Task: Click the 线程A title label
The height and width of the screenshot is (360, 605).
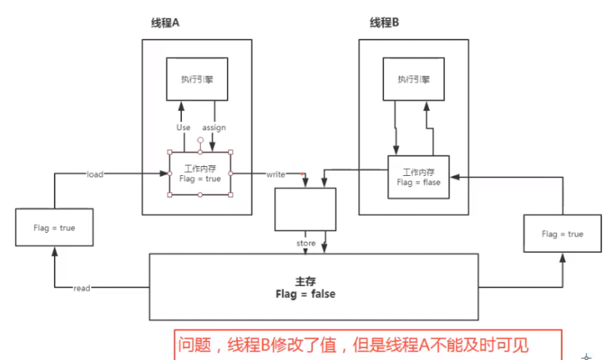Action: (x=165, y=23)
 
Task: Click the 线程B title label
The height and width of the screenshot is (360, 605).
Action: (x=385, y=23)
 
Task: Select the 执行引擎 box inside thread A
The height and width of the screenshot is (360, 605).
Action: (x=196, y=79)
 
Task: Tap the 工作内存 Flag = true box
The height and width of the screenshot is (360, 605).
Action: (x=200, y=174)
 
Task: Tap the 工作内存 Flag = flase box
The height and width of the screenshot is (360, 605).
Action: (x=418, y=177)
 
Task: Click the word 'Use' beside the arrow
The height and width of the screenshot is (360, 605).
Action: (x=183, y=127)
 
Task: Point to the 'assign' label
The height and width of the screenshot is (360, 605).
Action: (x=214, y=127)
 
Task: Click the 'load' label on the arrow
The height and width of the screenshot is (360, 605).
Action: (x=94, y=174)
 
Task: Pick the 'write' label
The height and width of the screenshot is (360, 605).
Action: (x=276, y=174)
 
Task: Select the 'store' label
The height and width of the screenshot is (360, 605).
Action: (x=306, y=243)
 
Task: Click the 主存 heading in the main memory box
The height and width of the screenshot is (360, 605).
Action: (x=305, y=281)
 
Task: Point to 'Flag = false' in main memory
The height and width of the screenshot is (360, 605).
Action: (x=305, y=294)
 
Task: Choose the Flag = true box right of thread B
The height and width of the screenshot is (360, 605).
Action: (x=563, y=234)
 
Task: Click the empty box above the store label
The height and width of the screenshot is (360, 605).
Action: (x=305, y=209)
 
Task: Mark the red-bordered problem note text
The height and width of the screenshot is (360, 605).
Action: (x=353, y=345)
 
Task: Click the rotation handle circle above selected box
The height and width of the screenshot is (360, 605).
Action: (x=200, y=140)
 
